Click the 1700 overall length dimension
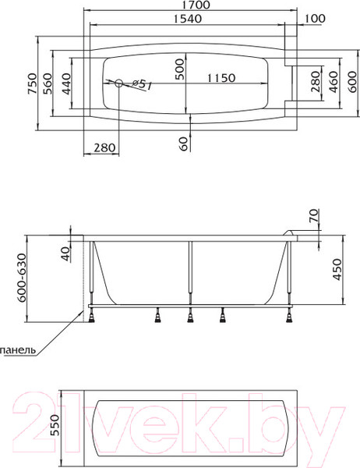[196, 5]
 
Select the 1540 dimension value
[188, 19]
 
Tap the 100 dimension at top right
[316, 19]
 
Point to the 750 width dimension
[33, 83]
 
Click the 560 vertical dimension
[48, 83]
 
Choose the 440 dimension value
[66, 83]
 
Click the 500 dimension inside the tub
[179, 69]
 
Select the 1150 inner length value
[221, 78]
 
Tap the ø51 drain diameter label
[141, 85]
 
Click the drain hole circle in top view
[119, 83]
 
